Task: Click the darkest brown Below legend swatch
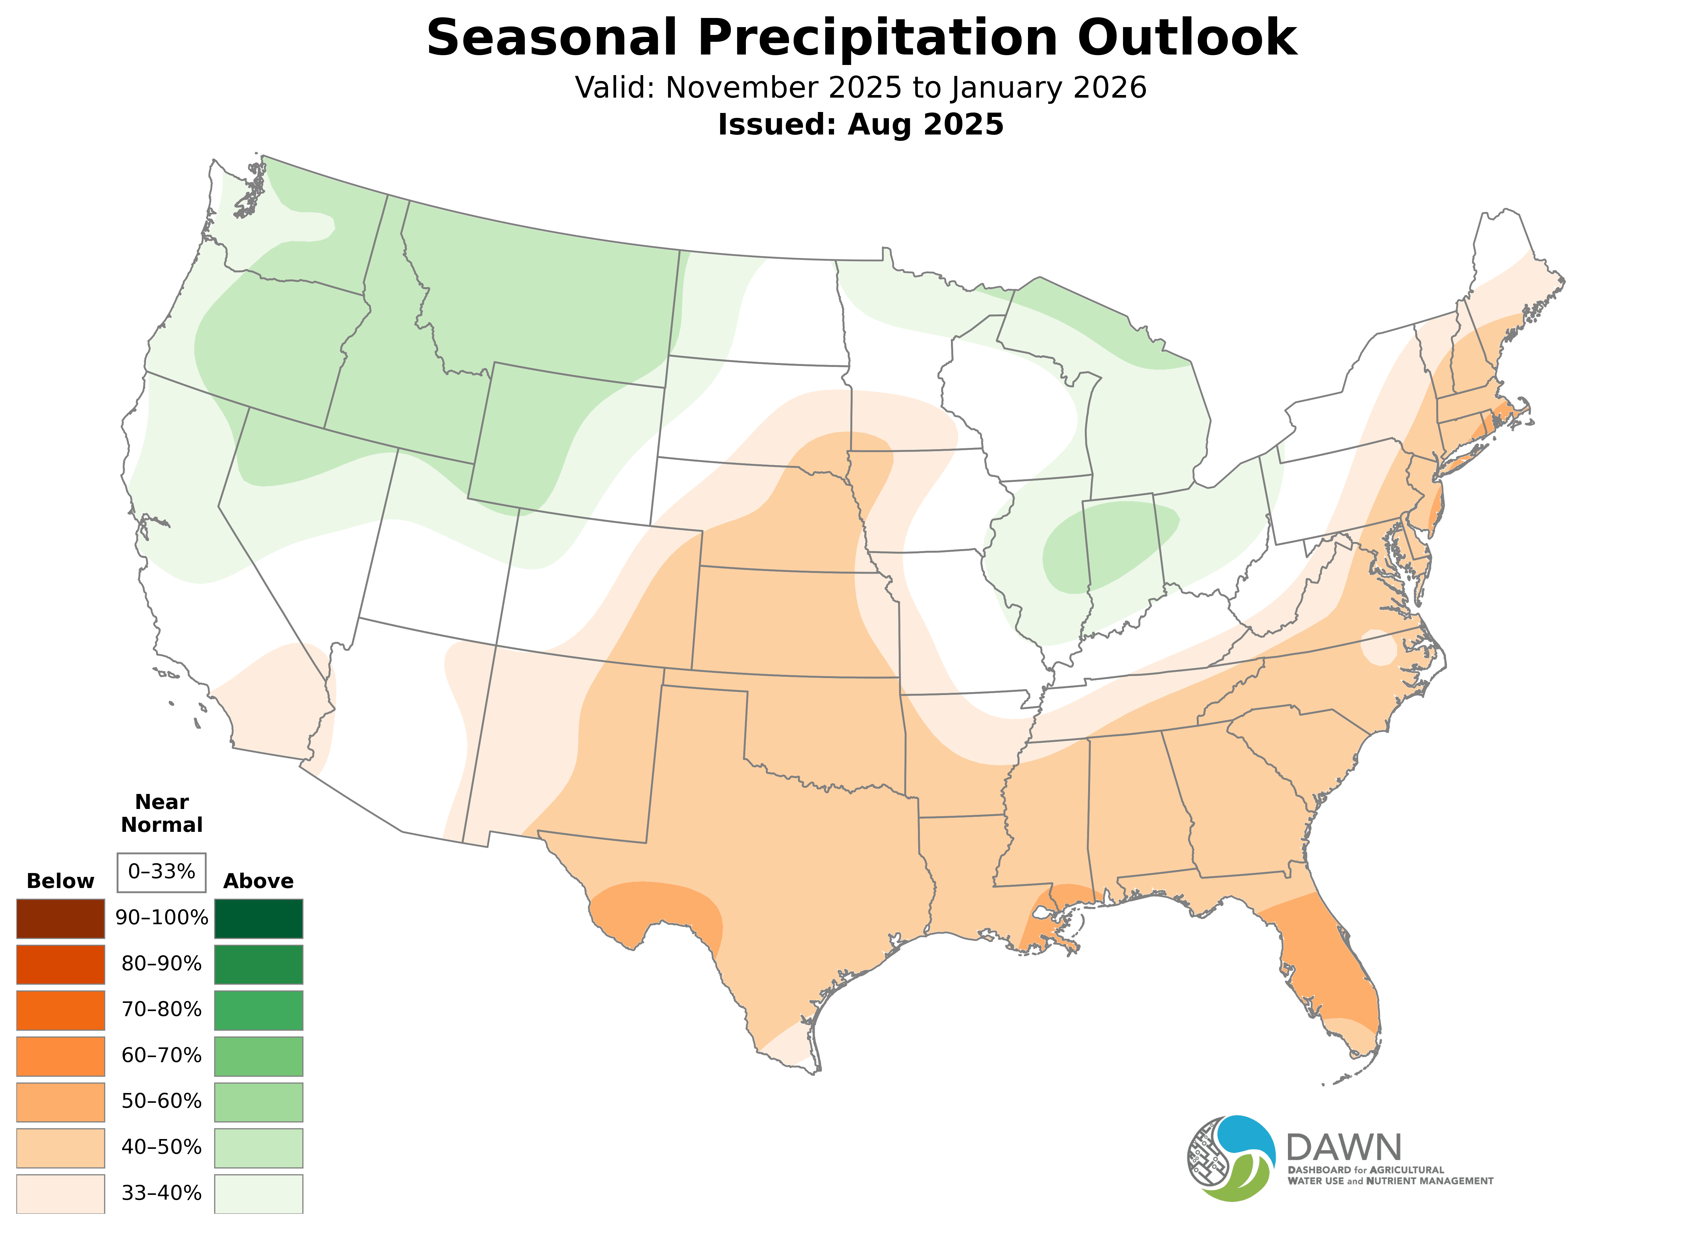click(61, 919)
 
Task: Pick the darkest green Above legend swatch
click(259, 919)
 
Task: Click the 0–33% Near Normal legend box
click(161, 872)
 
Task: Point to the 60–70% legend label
click(161, 1056)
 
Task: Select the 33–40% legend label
click(161, 1194)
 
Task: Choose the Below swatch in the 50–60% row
click(61, 1102)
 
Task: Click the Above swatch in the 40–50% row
click(259, 1148)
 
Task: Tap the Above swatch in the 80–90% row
click(259, 964)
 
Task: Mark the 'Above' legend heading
click(259, 881)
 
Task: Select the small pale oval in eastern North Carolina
click(1378, 648)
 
